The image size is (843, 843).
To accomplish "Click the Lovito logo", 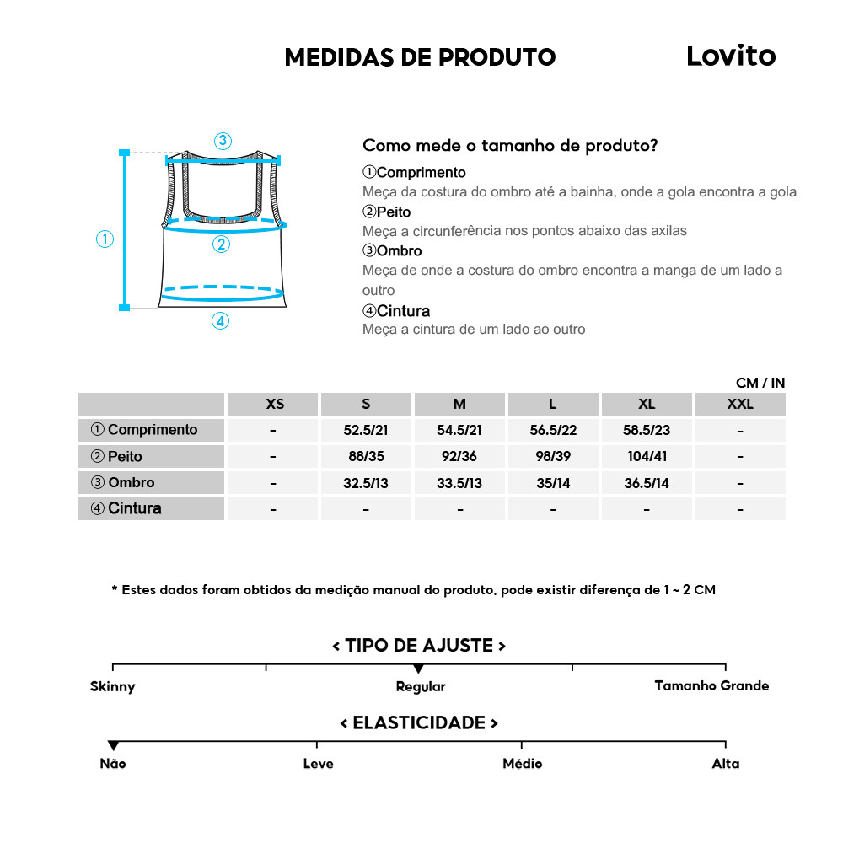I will (730, 56).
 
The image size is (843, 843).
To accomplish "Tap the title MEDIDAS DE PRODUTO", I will (420, 57).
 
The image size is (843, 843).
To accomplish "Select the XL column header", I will (647, 404).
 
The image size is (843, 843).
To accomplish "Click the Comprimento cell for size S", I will (366, 430).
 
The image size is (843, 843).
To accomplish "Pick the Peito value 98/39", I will (553, 457).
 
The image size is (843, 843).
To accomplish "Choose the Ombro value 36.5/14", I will (647, 483).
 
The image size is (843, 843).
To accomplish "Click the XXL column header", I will (740, 404).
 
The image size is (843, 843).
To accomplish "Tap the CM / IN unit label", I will (760, 383).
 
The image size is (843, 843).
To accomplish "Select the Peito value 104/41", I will (647, 457).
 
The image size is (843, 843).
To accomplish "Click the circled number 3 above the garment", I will (223, 141).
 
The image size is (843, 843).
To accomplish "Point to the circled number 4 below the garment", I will (220, 320).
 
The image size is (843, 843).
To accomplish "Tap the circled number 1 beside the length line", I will (105, 239).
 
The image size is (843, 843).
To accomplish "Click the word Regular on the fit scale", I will (421, 686).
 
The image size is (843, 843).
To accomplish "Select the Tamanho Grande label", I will (711, 685).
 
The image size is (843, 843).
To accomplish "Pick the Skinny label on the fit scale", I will (113, 686).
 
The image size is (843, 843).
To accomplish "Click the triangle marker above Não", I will (113, 745).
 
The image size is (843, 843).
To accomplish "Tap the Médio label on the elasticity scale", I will (522, 764).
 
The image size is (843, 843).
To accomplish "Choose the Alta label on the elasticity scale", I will (725, 764).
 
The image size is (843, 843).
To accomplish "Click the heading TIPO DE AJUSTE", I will (419, 646).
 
